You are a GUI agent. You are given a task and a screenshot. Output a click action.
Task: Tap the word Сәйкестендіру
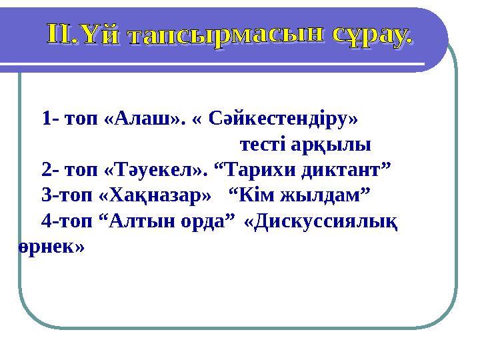point(284,119)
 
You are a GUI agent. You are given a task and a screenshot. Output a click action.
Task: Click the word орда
point(208,221)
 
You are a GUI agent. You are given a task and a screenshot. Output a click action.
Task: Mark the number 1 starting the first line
point(45,119)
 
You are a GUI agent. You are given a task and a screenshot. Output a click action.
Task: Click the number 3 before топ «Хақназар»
point(45,195)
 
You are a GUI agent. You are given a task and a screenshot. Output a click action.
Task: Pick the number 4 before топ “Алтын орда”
point(45,221)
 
